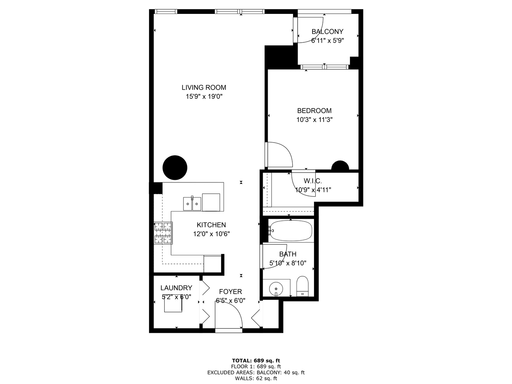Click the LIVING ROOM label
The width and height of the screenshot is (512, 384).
tap(204, 87)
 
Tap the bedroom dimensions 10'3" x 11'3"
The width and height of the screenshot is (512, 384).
tap(314, 120)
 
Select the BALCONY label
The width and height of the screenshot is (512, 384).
tap(327, 32)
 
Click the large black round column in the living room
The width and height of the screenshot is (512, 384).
tap(175, 168)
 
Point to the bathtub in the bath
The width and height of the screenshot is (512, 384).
tap(290, 230)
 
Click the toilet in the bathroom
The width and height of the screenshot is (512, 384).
tap(303, 286)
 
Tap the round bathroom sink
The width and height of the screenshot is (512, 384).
tap(276, 288)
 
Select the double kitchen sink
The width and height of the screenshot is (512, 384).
tap(192, 204)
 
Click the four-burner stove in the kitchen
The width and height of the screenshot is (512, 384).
tap(163, 233)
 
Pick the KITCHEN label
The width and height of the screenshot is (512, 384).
tap(211, 225)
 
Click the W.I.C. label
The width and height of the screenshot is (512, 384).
tap(313, 181)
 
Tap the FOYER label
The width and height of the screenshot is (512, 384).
tap(230, 292)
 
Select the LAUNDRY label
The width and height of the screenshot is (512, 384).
tap(176, 288)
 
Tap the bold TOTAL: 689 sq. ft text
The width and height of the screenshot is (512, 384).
tap(256, 361)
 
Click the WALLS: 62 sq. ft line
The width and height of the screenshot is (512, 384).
tap(256, 379)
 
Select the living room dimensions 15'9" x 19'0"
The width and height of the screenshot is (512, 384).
tap(204, 96)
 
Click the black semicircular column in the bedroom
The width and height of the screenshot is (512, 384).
tap(340, 166)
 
